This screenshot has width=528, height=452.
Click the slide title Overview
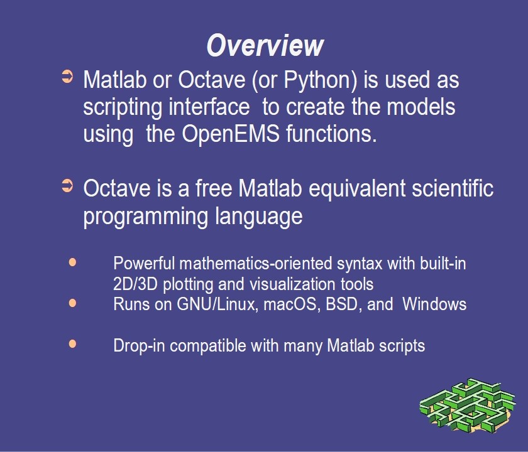(x=265, y=45)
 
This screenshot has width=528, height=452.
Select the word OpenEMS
(x=231, y=134)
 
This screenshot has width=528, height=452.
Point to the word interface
(x=209, y=107)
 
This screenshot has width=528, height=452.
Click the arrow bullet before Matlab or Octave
(x=67, y=76)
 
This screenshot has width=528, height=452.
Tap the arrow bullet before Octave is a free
(x=67, y=185)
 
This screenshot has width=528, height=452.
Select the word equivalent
(x=357, y=189)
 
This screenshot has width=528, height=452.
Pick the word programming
(x=145, y=217)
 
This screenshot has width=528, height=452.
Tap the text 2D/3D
(x=135, y=284)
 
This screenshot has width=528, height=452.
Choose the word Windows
(x=434, y=304)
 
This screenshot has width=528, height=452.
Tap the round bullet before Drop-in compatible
(x=72, y=344)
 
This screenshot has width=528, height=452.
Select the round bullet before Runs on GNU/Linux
(x=72, y=303)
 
